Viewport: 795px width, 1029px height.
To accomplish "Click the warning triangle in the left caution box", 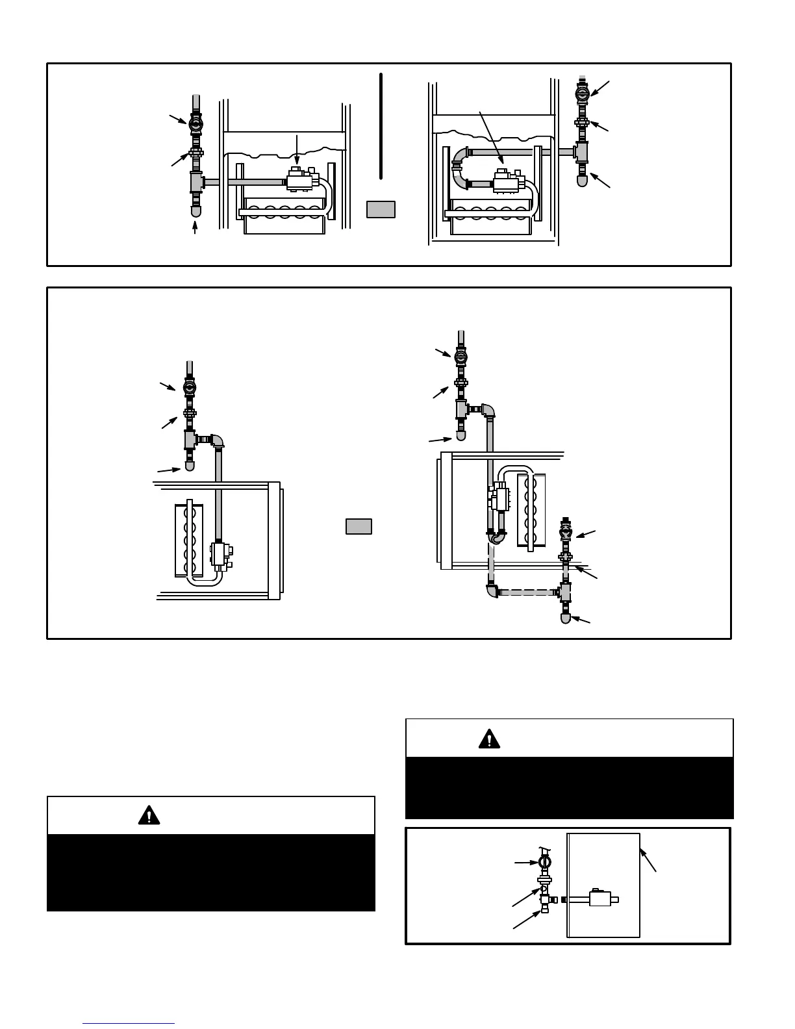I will click(149, 815).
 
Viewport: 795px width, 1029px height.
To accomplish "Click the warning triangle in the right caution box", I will click(489, 739).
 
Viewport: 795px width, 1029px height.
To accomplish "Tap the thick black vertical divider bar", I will click(381, 125).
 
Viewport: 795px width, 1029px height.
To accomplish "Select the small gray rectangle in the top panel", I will click(381, 209).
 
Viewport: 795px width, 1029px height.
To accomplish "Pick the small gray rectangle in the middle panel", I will click(359, 526).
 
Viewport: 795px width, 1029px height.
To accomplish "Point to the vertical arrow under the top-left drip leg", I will click(195, 227).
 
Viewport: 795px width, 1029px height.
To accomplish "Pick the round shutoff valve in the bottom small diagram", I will click(545, 863).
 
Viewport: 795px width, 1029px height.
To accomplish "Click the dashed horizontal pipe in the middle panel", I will click(527, 592).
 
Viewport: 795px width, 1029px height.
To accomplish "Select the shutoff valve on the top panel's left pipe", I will click(195, 122).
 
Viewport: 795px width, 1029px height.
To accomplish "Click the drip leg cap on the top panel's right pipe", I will click(582, 179).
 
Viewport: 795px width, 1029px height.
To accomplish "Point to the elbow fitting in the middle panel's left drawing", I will click(219, 441).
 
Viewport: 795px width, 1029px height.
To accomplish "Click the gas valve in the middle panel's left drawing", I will click(221, 554).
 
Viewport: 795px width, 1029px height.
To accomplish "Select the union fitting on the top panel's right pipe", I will click(582, 121).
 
